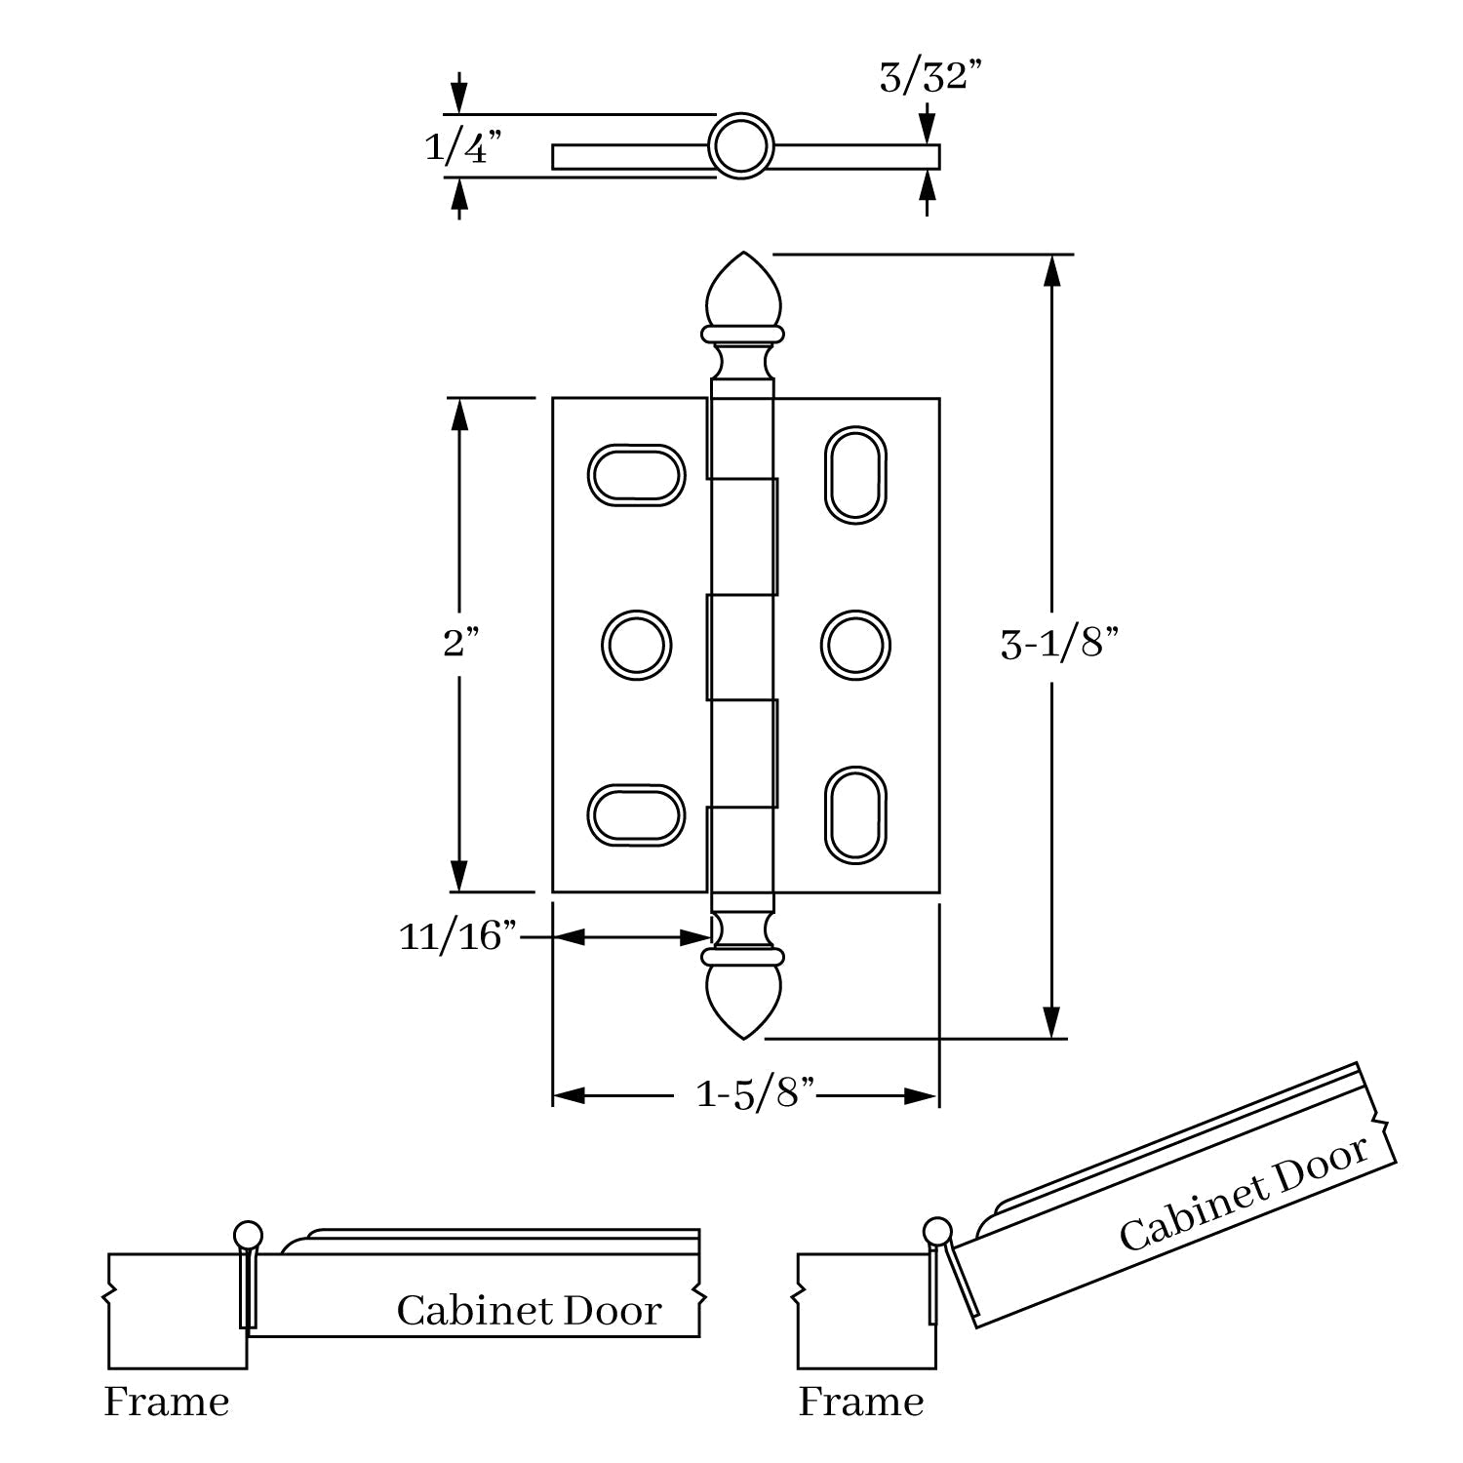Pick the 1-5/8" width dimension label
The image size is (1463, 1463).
[x=754, y=1094]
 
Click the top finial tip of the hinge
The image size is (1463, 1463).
[x=743, y=257]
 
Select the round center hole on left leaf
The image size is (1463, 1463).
[x=636, y=645]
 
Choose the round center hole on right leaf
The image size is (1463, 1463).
[x=854, y=645]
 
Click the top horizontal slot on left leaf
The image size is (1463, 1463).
[x=635, y=475]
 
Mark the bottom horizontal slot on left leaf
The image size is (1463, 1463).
[x=635, y=814]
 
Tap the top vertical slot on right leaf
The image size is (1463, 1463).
[x=855, y=474]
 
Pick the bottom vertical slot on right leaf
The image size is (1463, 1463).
[x=855, y=814]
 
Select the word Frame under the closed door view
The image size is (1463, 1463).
[x=167, y=1403]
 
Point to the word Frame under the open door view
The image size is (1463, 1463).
[x=860, y=1403]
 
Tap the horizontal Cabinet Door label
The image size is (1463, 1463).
[x=529, y=1310]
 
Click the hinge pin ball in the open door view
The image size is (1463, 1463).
[x=937, y=1231]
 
